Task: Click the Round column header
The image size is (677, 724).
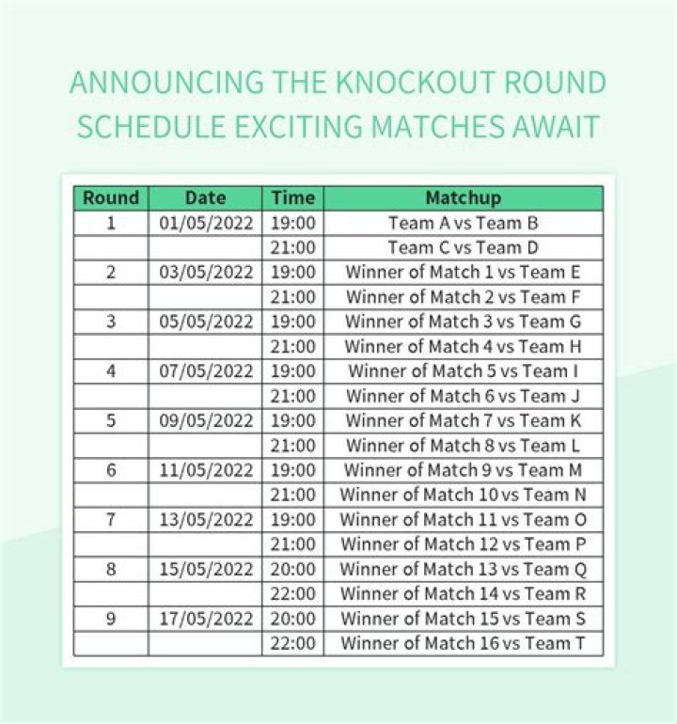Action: click(x=111, y=197)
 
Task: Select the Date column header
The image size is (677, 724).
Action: click(x=206, y=197)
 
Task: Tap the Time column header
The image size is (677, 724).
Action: click(x=293, y=197)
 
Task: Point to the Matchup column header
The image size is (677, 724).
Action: click(x=464, y=198)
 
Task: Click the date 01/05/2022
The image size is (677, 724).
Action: click(x=206, y=223)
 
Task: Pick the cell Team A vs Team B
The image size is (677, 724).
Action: click(x=464, y=223)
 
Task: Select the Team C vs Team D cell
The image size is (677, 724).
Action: click(x=464, y=247)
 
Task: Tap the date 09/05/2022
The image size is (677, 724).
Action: click(x=206, y=420)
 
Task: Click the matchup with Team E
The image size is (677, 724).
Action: click(x=464, y=272)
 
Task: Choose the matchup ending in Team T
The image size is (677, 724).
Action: click(x=464, y=643)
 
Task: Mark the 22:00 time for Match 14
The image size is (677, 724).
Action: click(x=293, y=593)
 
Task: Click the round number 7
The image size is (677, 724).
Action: click(x=111, y=519)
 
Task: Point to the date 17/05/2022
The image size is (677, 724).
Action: click(x=206, y=619)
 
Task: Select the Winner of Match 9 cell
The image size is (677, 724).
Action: click(x=464, y=470)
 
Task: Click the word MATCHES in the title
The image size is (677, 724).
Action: click(x=438, y=126)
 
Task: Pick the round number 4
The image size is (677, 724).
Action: click(x=111, y=371)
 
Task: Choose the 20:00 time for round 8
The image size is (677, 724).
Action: click(x=293, y=569)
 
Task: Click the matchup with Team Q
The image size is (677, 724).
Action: click(x=464, y=569)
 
